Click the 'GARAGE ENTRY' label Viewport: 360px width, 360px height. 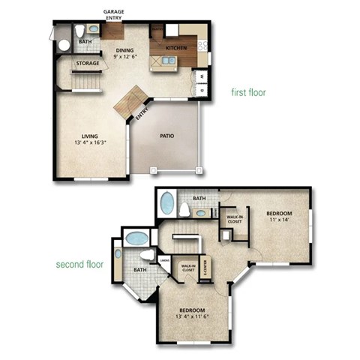point(114,15)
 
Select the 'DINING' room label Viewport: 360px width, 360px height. point(124,49)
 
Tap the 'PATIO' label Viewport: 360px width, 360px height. point(168,136)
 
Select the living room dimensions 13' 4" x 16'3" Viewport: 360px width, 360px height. point(90,142)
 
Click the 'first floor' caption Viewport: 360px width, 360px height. point(250,92)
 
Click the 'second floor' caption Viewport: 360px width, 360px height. point(79,265)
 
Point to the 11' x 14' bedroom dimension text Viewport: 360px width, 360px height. point(277,220)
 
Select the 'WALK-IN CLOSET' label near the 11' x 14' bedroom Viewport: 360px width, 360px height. point(234,218)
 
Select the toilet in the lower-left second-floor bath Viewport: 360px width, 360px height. point(147,255)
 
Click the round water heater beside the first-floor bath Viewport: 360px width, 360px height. point(63,45)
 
